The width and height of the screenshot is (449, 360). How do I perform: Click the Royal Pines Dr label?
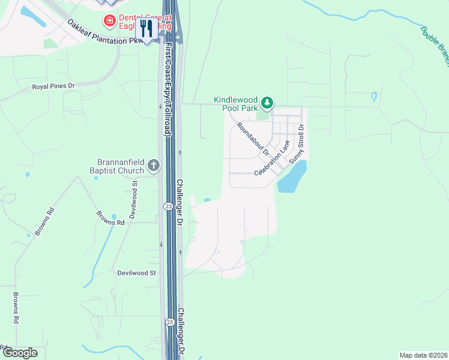[53, 86]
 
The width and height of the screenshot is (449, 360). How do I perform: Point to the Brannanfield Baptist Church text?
[121, 166]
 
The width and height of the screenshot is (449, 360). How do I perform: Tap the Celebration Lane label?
[272, 158]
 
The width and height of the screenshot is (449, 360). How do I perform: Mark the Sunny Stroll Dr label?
[297, 144]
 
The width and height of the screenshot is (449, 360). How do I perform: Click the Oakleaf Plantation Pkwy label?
[106, 33]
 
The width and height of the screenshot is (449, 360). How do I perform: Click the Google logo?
[19, 353]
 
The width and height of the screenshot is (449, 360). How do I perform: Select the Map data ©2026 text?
[423, 355]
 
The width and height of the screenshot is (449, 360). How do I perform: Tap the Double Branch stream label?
[435, 45]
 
